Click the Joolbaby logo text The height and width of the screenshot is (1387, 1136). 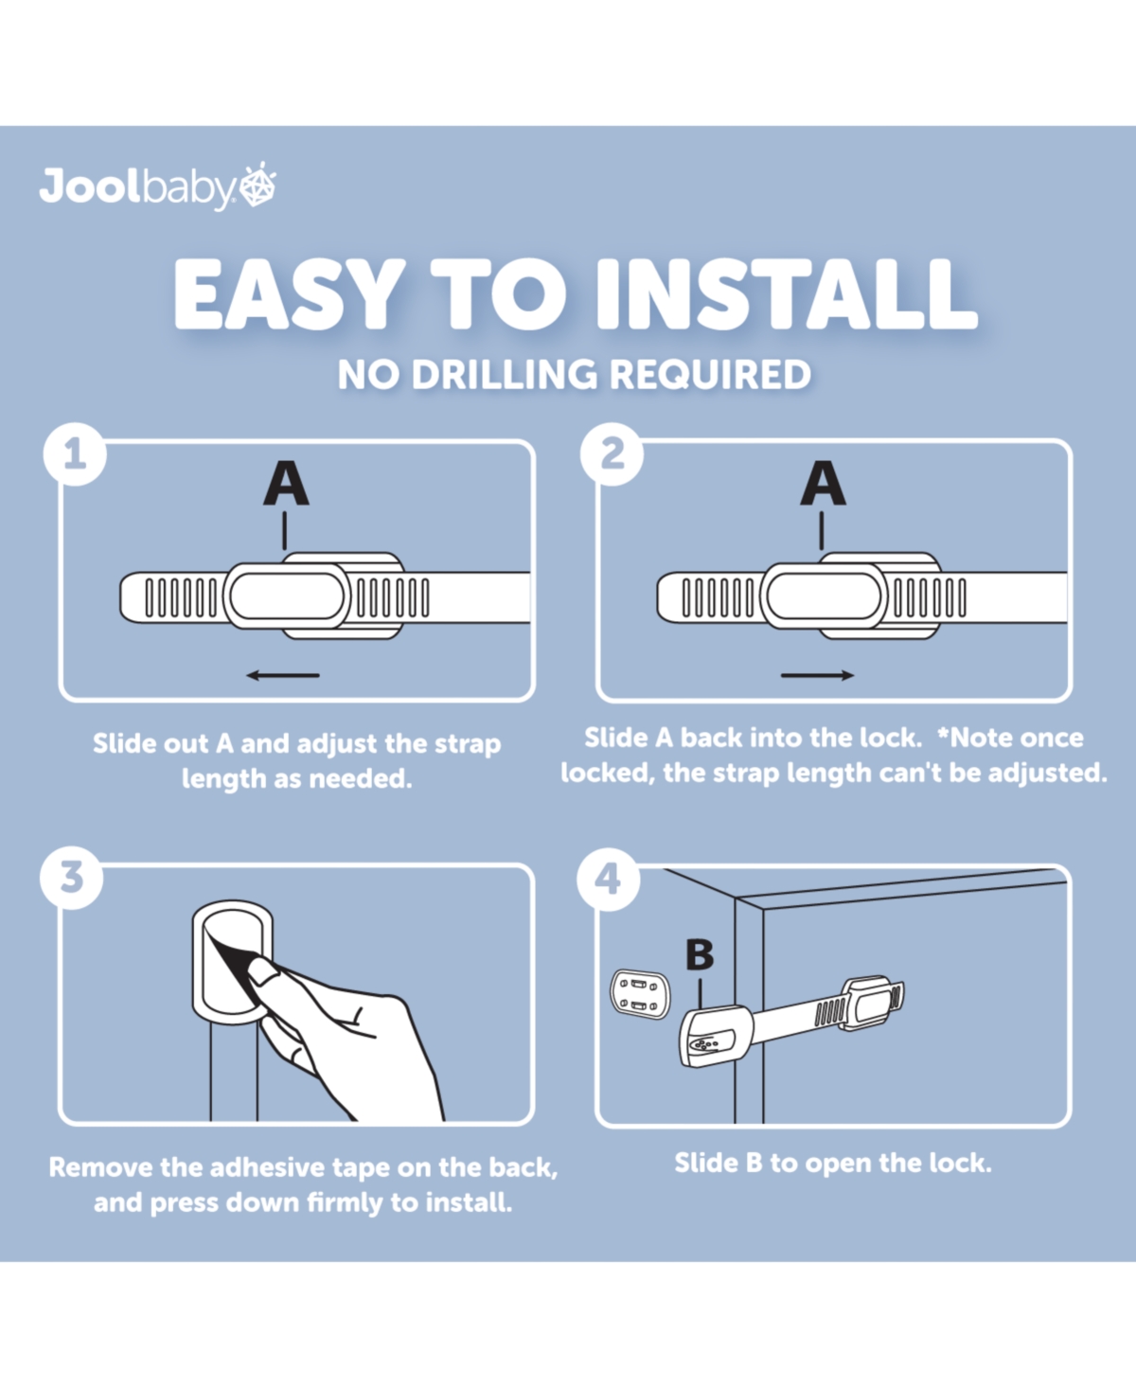[137, 188]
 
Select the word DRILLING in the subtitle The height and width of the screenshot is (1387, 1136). [505, 374]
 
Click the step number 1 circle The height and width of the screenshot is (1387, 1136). [75, 454]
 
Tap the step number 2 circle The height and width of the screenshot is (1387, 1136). [612, 454]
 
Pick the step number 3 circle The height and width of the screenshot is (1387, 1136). [72, 878]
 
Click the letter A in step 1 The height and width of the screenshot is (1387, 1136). [286, 483]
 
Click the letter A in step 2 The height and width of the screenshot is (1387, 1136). [823, 483]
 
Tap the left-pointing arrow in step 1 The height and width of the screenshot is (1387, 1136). [283, 675]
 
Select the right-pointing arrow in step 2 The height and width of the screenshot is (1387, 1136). [818, 675]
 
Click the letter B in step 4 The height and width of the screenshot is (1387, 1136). [700, 954]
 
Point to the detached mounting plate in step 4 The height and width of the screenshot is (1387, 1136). [641, 994]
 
